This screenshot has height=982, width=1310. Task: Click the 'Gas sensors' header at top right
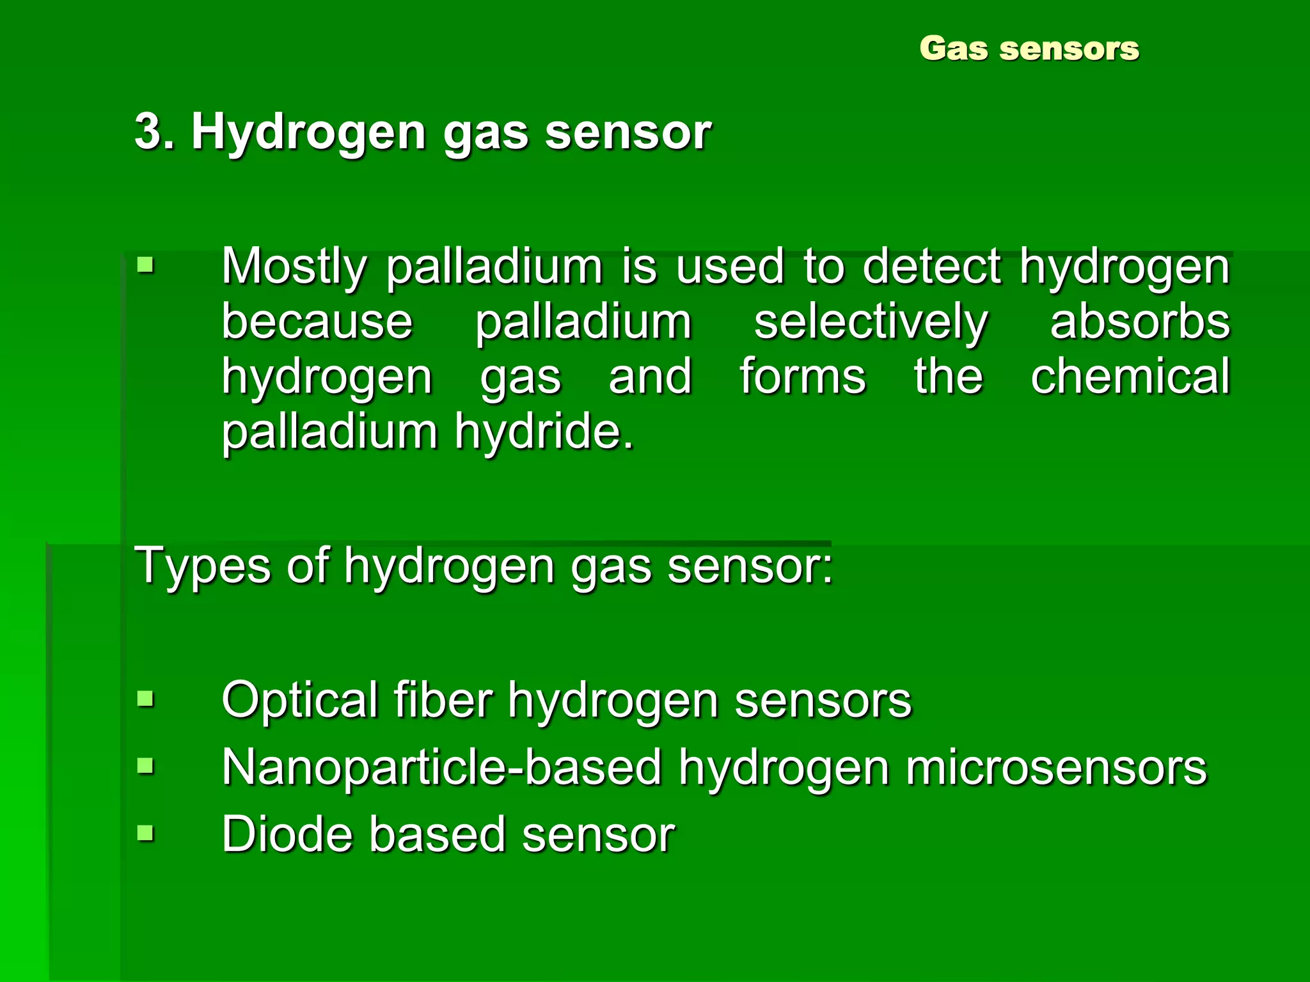pyautogui.click(x=1029, y=49)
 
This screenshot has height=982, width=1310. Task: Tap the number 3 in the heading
pyautogui.click(x=148, y=132)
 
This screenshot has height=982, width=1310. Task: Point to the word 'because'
pyautogui.click(x=317, y=321)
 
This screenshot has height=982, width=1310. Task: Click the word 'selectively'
pyautogui.click(x=871, y=322)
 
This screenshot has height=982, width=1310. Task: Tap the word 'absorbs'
pyautogui.click(x=1140, y=321)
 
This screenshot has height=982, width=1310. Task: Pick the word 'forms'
pyautogui.click(x=803, y=376)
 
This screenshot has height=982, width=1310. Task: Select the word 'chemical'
pyautogui.click(x=1130, y=376)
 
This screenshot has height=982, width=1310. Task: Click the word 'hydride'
pyautogui.click(x=544, y=432)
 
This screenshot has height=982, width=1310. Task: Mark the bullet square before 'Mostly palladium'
pyautogui.click(x=146, y=264)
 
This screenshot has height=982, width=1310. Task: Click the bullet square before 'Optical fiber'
pyautogui.click(x=146, y=699)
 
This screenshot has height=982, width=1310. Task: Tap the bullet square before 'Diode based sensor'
pyautogui.click(x=146, y=832)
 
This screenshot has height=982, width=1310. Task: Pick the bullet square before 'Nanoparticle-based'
pyautogui.click(x=146, y=765)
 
